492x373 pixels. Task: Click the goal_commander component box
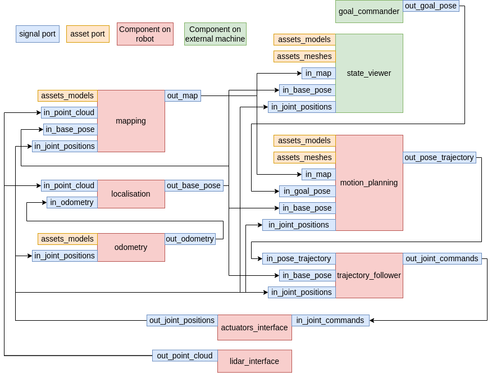pos(369,11)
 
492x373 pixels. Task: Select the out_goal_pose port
pos(431,6)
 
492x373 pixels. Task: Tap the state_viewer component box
pos(369,73)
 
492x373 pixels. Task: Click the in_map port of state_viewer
pos(318,73)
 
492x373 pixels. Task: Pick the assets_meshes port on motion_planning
pos(304,157)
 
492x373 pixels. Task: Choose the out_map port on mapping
pos(183,95)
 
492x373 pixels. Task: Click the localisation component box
pos(131,194)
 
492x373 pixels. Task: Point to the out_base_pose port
pos(194,185)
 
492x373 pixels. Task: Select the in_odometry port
pos(72,202)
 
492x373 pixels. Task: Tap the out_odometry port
pos(190,239)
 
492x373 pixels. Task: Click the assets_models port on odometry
pos(67,239)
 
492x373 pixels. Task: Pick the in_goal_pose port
pos(307,191)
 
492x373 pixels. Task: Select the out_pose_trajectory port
pos(439,157)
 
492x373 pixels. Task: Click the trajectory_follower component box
pos(369,275)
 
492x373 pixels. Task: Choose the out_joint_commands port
pos(442,258)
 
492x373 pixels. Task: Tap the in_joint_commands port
pos(330,320)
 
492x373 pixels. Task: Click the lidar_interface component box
pos(254,361)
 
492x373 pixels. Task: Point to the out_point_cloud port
pos(185,356)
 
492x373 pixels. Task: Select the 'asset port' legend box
pos(88,34)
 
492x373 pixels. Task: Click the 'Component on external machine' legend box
pos(215,34)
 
